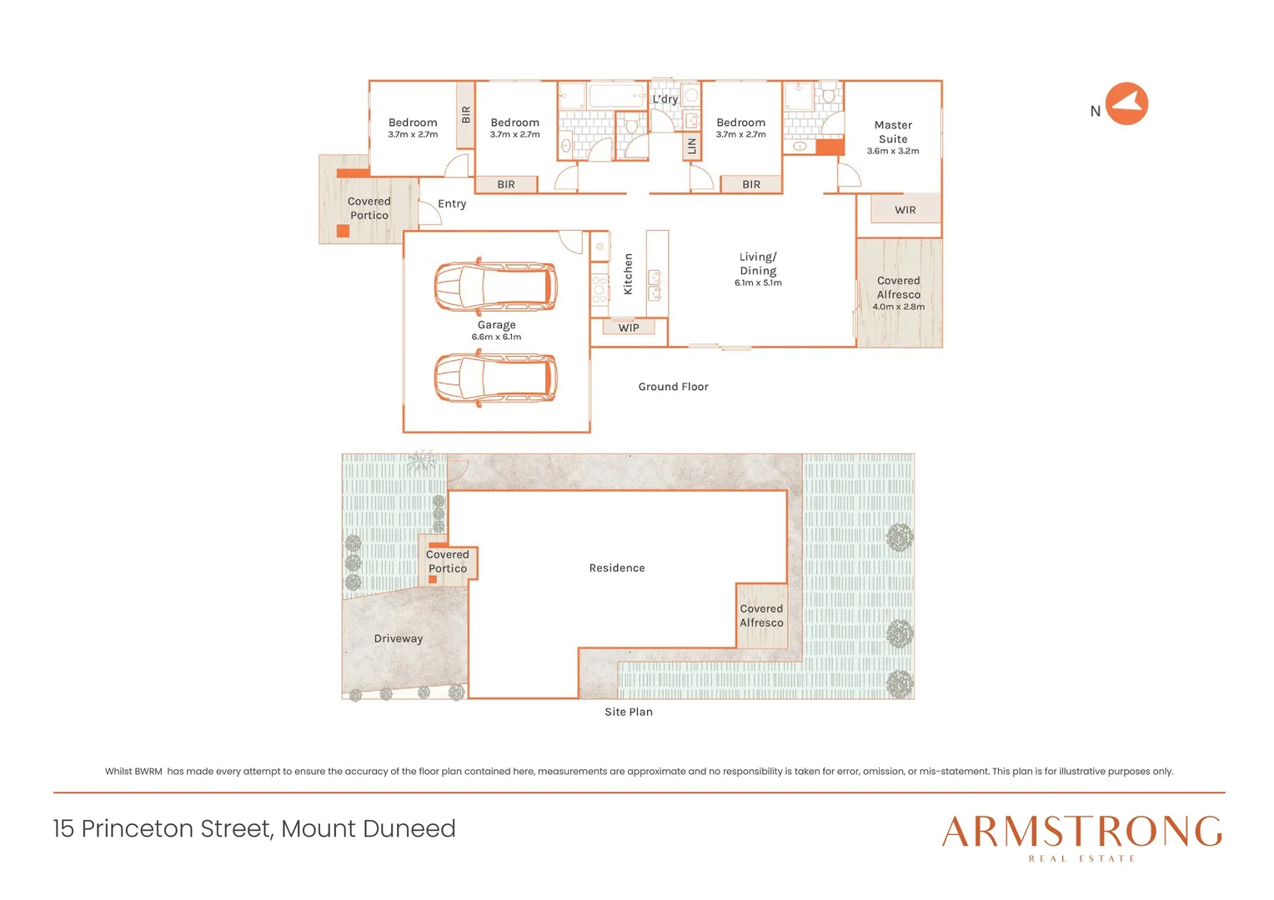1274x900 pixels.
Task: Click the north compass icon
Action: (x=1126, y=103)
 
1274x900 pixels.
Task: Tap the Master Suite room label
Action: (x=893, y=132)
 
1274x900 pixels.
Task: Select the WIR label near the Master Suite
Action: (x=905, y=210)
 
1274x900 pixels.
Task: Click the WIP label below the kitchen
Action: (x=629, y=327)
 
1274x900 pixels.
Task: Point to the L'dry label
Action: (x=665, y=99)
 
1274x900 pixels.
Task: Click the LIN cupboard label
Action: (x=691, y=147)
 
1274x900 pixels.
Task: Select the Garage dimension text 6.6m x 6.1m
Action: (x=496, y=337)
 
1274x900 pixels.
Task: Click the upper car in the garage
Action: (x=495, y=286)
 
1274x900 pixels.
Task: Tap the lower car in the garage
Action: (x=495, y=377)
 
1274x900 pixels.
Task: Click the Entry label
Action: (x=452, y=203)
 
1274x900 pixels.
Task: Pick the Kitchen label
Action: (x=629, y=274)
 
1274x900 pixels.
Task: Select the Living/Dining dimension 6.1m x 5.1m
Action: (x=758, y=282)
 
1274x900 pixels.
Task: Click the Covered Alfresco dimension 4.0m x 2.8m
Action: (x=898, y=307)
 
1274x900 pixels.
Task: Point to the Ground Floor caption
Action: (x=673, y=387)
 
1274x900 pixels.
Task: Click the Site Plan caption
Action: (x=629, y=712)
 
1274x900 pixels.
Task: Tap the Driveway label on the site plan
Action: (x=399, y=638)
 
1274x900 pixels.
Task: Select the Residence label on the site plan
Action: (x=617, y=567)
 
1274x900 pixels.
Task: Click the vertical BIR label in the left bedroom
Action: (x=466, y=114)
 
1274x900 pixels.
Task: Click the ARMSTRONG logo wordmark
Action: (x=1082, y=831)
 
